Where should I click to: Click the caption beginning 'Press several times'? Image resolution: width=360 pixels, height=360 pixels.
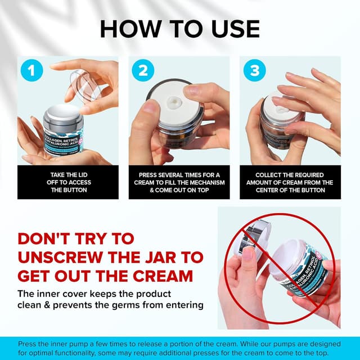click(x=179, y=182)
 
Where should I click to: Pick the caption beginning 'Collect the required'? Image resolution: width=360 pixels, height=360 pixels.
click(x=290, y=182)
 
